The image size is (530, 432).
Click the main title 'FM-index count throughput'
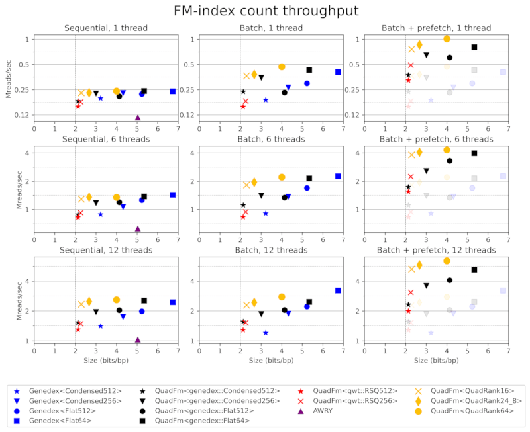tap(265, 11)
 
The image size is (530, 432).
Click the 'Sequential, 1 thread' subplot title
tap(106, 28)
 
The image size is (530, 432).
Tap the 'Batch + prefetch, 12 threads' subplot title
tap(437, 251)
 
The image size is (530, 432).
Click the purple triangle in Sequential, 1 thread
tap(138, 118)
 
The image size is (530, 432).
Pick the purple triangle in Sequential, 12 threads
tap(138, 339)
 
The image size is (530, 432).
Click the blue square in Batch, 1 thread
tap(338, 72)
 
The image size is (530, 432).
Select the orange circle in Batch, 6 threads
tap(282, 177)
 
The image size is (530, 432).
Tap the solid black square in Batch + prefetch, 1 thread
tap(474, 47)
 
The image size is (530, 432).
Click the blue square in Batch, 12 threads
tap(338, 290)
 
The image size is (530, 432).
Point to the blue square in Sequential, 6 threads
tap(172, 195)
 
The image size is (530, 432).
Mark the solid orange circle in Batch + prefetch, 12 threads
tap(447, 261)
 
